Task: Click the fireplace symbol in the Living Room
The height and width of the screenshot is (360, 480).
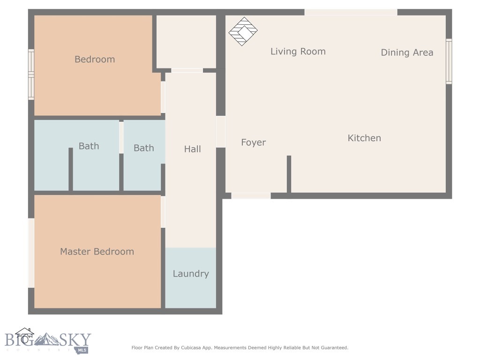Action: (x=243, y=31)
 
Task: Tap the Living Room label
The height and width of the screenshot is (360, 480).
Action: (x=298, y=52)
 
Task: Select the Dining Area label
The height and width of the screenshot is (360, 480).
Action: (x=407, y=52)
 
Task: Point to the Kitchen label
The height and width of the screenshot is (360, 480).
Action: (x=364, y=138)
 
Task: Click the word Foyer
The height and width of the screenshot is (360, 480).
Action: (x=253, y=142)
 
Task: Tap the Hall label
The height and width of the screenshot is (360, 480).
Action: (x=192, y=149)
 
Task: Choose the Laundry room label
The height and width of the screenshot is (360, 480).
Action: (x=191, y=274)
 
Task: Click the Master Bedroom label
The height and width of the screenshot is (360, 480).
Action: (x=97, y=252)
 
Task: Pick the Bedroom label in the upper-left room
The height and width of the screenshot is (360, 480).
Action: (x=95, y=60)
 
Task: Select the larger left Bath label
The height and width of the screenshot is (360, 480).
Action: (x=89, y=146)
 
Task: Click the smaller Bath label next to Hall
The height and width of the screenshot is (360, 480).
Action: (x=143, y=148)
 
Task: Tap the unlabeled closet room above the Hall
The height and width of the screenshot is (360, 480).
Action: (x=186, y=41)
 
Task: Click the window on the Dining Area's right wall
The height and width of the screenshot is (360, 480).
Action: (x=449, y=61)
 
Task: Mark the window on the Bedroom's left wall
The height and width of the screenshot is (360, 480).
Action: (x=31, y=75)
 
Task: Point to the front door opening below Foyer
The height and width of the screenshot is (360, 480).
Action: (x=251, y=195)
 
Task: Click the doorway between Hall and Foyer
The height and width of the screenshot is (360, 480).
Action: (x=220, y=132)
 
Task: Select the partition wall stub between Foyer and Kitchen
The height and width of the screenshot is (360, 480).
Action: (x=289, y=173)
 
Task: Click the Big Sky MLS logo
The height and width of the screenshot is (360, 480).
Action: (x=47, y=341)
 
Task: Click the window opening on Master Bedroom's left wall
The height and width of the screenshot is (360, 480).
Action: (x=31, y=253)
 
